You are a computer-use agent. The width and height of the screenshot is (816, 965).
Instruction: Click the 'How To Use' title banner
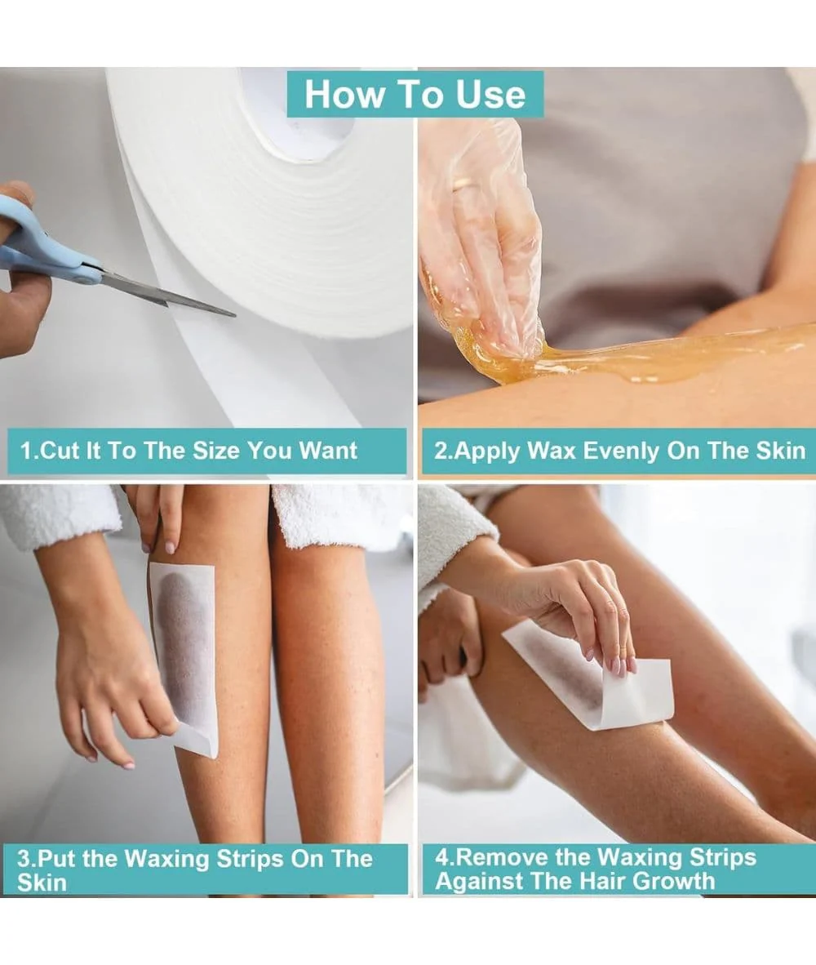[415, 94]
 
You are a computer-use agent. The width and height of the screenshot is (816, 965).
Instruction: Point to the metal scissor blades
[166, 294]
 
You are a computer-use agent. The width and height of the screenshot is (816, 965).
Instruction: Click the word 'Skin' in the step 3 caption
[42, 883]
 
